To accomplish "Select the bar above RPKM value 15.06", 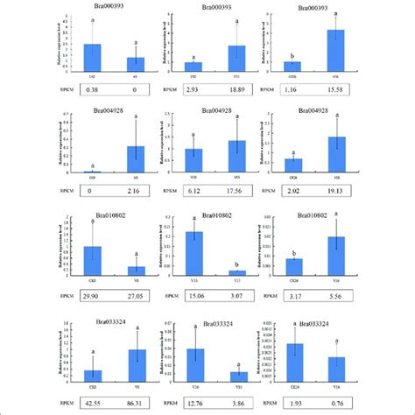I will tap(194, 255).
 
